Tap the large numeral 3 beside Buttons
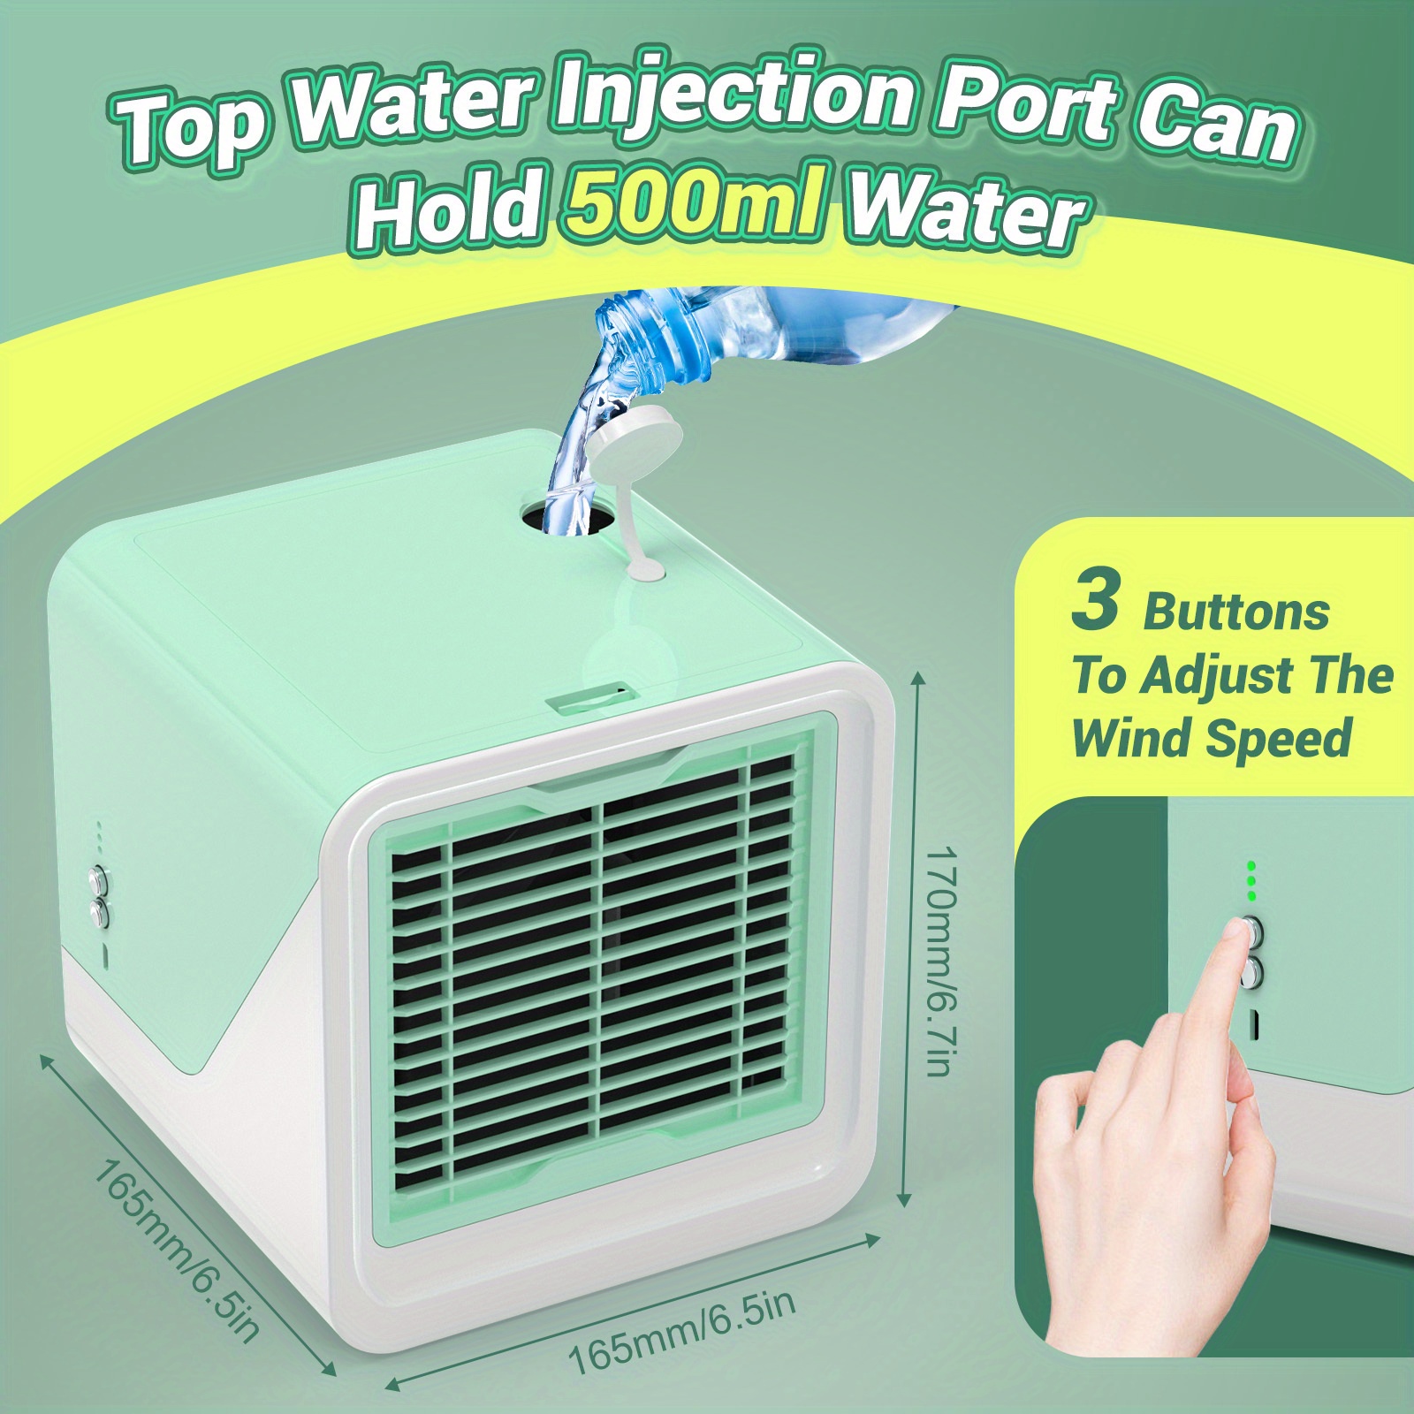1095,601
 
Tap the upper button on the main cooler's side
97,880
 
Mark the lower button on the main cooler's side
100,914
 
